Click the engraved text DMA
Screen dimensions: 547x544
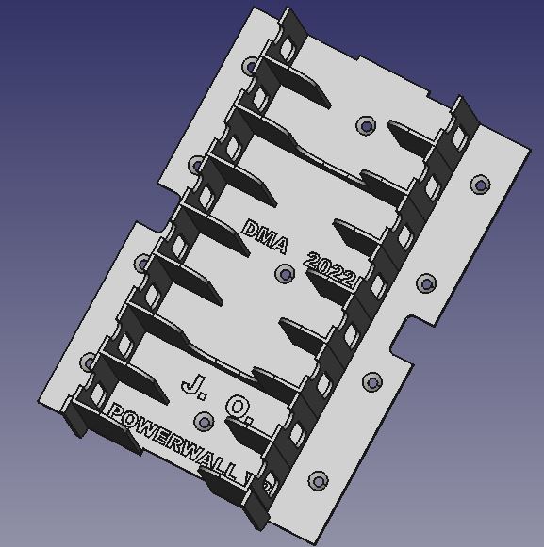[x=265, y=237]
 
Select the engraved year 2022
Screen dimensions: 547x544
[x=331, y=271]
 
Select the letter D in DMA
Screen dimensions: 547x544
[x=252, y=230]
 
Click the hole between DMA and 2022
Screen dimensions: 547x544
[x=285, y=274]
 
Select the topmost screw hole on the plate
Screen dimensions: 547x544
[x=252, y=67]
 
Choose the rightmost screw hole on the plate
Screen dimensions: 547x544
[x=481, y=185]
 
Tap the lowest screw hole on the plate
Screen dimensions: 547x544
[x=318, y=480]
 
